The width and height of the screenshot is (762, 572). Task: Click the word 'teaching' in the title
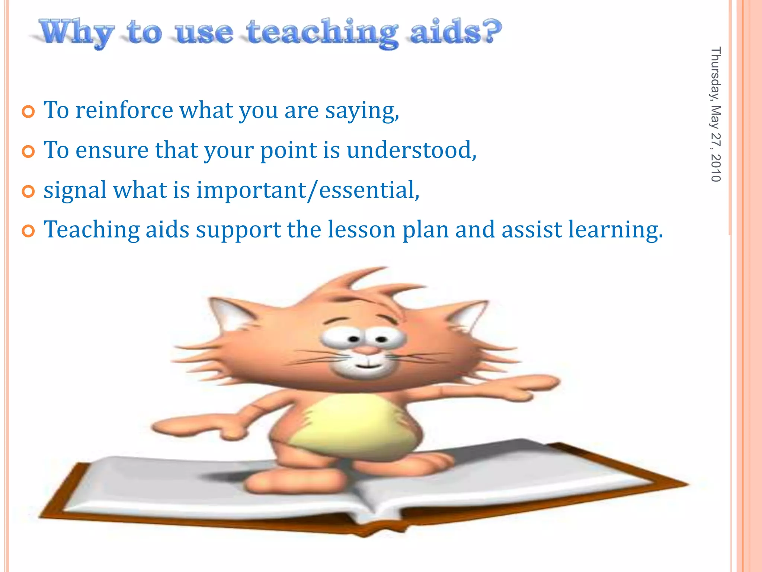322,34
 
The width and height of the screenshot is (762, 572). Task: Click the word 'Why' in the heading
76,34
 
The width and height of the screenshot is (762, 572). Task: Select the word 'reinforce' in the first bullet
124,111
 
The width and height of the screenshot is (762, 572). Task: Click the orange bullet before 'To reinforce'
28,112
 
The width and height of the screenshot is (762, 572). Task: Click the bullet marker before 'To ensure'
28,152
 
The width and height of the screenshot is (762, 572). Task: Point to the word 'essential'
368,190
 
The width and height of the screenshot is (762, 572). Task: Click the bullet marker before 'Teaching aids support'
28,231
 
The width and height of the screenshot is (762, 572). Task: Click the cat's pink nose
367,350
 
